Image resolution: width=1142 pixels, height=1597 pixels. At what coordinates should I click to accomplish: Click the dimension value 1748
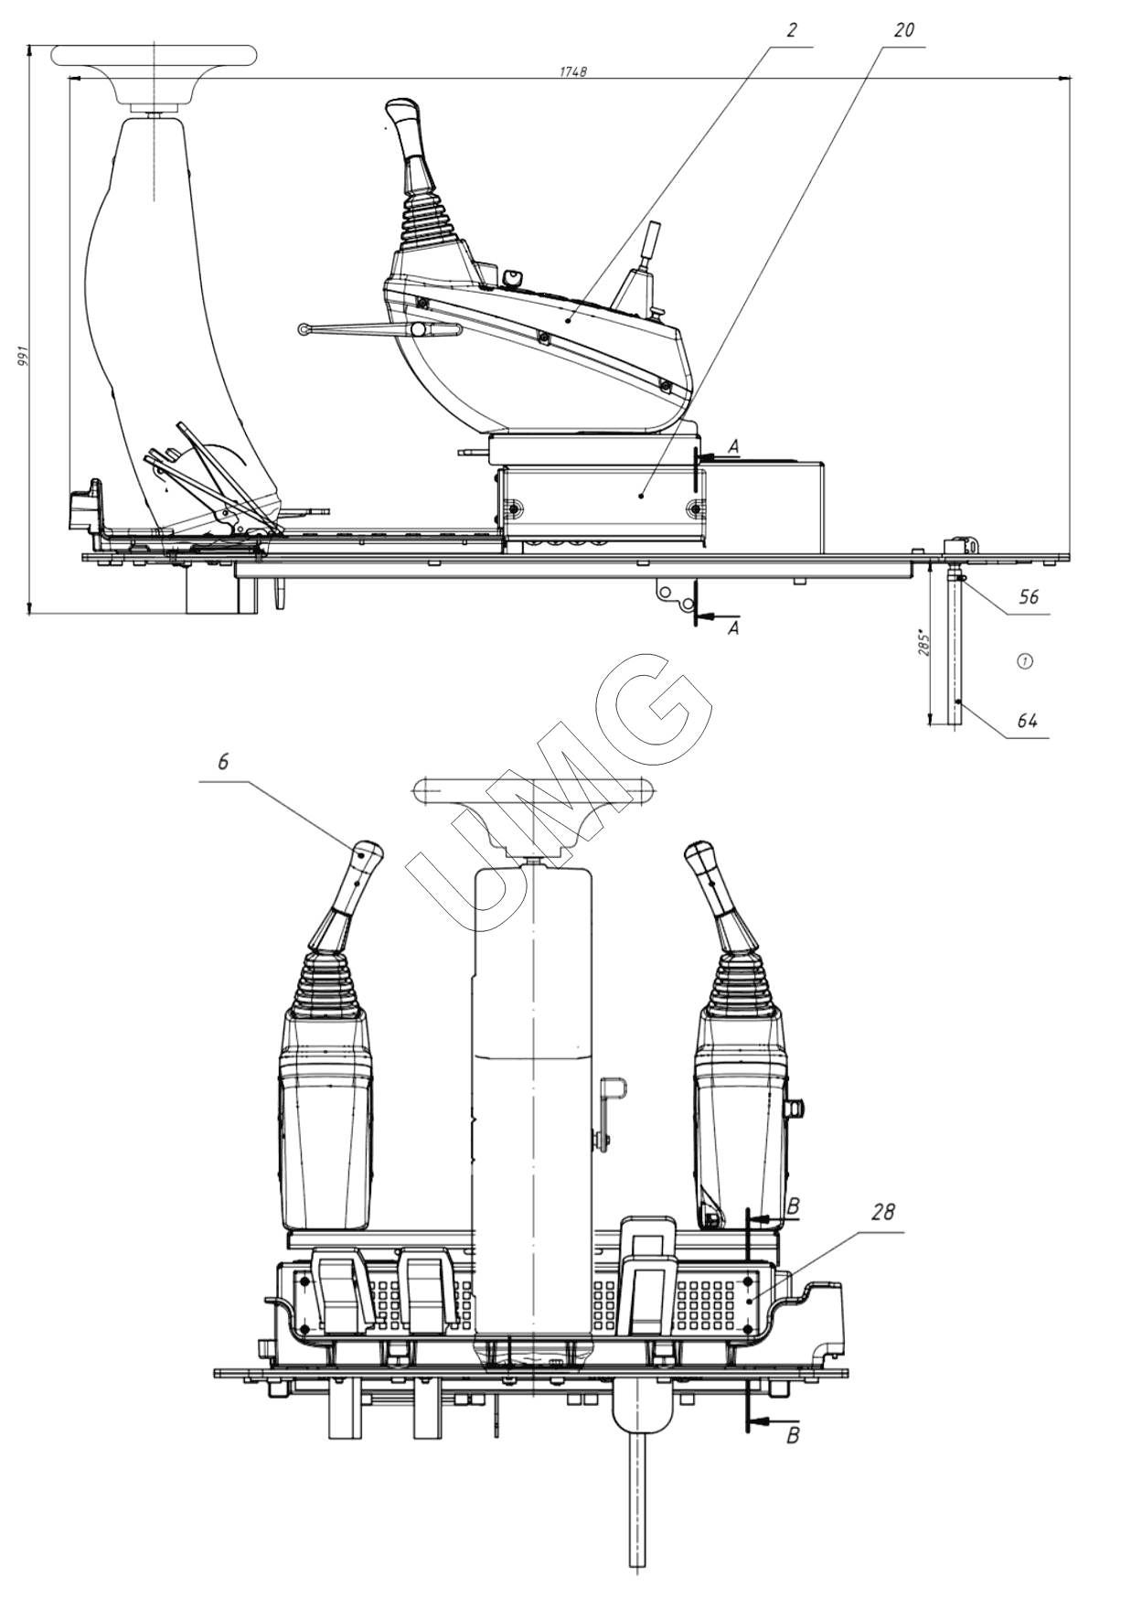[572, 70]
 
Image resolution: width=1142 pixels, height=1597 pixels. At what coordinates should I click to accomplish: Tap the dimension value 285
[923, 643]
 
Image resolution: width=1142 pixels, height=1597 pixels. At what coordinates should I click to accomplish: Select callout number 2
[791, 30]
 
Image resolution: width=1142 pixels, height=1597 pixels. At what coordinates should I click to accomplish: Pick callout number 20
[902, 30]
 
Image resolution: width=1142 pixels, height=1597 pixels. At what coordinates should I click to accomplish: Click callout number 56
[1029, 597]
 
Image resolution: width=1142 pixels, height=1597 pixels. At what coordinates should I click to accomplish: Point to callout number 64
[1028, 721]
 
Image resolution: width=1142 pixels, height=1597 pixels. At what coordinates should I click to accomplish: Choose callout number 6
[224, 761]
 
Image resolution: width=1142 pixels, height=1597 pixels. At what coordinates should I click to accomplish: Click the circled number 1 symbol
[1025, 659]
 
